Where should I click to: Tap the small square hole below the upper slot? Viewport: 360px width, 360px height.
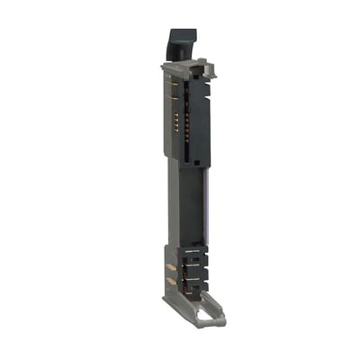pyautogui.click(x=193, y=156)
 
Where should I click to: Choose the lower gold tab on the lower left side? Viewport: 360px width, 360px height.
pyautogui.click(x=169, y=283)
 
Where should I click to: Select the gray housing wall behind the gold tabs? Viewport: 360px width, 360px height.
pyautogui.click(x=175, y=292)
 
